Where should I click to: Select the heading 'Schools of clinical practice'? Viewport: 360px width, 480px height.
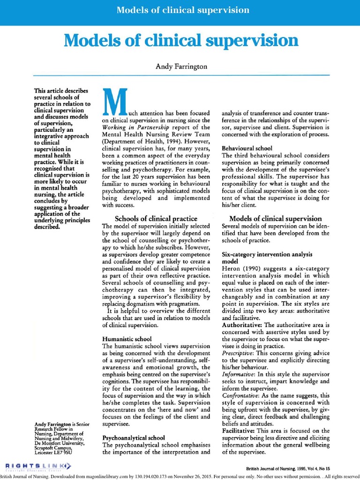156,218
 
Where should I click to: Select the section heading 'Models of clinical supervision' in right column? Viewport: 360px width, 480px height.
275,218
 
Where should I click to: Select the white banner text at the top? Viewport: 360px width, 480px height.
183,10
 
